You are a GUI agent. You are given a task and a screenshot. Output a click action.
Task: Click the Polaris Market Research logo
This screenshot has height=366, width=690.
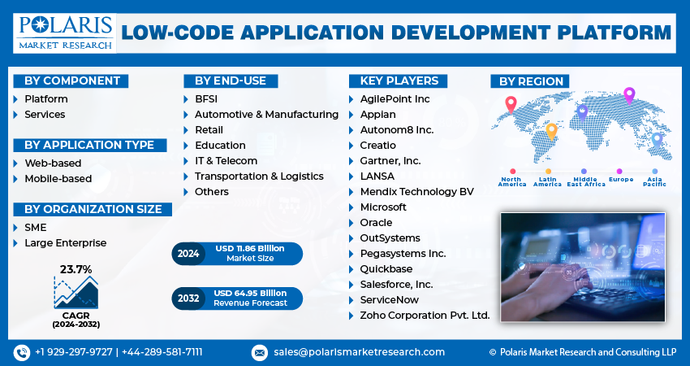tap(65, 33)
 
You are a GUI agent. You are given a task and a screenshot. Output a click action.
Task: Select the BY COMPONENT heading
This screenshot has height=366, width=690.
tap(71, 81)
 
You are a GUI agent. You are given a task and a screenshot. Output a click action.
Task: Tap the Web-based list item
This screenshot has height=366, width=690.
tap(53, 163)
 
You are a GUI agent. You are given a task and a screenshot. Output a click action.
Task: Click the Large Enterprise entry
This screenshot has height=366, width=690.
tap(65, 242)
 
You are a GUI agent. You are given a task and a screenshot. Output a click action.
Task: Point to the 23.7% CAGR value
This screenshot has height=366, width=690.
tap(75, 269)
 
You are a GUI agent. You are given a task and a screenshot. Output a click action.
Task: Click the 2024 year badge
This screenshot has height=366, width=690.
tap(188, 254)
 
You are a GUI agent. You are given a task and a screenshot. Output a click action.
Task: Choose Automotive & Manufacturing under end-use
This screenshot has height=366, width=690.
tap(266, 115)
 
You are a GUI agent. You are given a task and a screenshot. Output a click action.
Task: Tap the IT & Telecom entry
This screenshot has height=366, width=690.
tap(226, 161)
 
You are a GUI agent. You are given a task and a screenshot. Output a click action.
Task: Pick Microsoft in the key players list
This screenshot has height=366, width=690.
tap(383, 207)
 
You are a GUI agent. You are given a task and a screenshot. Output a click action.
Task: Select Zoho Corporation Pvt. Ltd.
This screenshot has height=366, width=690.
tap(425, 316)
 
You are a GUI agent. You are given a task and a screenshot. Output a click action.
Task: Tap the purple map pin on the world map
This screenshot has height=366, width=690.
tap(628, 95)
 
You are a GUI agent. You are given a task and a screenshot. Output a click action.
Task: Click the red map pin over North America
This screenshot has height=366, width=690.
tap(511, 104)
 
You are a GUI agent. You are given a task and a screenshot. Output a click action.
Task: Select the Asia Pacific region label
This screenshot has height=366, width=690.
tap(654, 181)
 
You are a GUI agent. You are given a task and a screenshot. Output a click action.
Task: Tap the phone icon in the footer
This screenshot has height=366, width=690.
tap(21, 352)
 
